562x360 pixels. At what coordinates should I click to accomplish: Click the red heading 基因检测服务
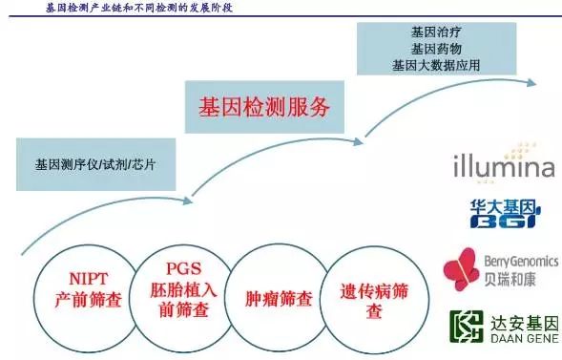click(264, 107)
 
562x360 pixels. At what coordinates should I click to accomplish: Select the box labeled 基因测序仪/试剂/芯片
click(96, 164)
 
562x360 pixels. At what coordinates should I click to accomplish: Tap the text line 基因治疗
click(436, 32)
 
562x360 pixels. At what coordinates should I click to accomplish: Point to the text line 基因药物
click(436, 49)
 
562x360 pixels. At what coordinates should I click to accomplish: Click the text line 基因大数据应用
click(436, 65)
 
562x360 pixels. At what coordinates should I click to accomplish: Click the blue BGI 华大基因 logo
click(506, 213)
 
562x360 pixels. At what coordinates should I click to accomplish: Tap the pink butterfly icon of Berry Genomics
click(461, 269)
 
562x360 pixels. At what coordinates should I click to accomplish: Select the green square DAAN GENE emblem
click(467, 327)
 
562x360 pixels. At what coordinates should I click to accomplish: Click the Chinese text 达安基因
click(525, 324)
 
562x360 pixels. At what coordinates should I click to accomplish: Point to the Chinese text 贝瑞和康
click(510, 279)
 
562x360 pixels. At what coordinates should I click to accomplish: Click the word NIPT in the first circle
click(88, 279)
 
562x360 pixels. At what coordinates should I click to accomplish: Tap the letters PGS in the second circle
click(183, 268)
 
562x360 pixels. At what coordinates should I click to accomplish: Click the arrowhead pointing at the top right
click(531, 83)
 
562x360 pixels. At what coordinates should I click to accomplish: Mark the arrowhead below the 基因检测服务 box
click(358, 142)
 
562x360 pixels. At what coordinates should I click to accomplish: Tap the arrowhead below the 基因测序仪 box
click(187, 201)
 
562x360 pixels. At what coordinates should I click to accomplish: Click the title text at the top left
click(139, 8)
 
